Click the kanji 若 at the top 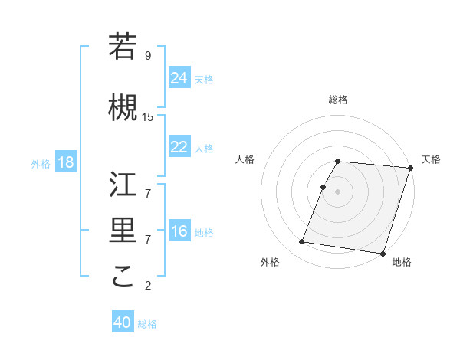[123, 47]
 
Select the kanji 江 [123, 185]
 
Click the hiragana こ [123, 277]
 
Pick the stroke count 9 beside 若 [148, 55]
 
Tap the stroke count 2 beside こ [148, 286]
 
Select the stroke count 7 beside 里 [148, 239]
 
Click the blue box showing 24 [179, 78]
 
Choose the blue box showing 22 [179, 147]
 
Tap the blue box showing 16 [179, 231]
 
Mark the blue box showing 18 [65, 163]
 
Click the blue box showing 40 [123, 322]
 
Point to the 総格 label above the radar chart [338, 100]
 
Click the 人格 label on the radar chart [245, 159]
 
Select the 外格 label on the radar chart [270, 262]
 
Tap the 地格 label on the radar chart [402, 262]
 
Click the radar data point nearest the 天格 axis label [410, 168]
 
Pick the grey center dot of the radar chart [338, 191]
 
